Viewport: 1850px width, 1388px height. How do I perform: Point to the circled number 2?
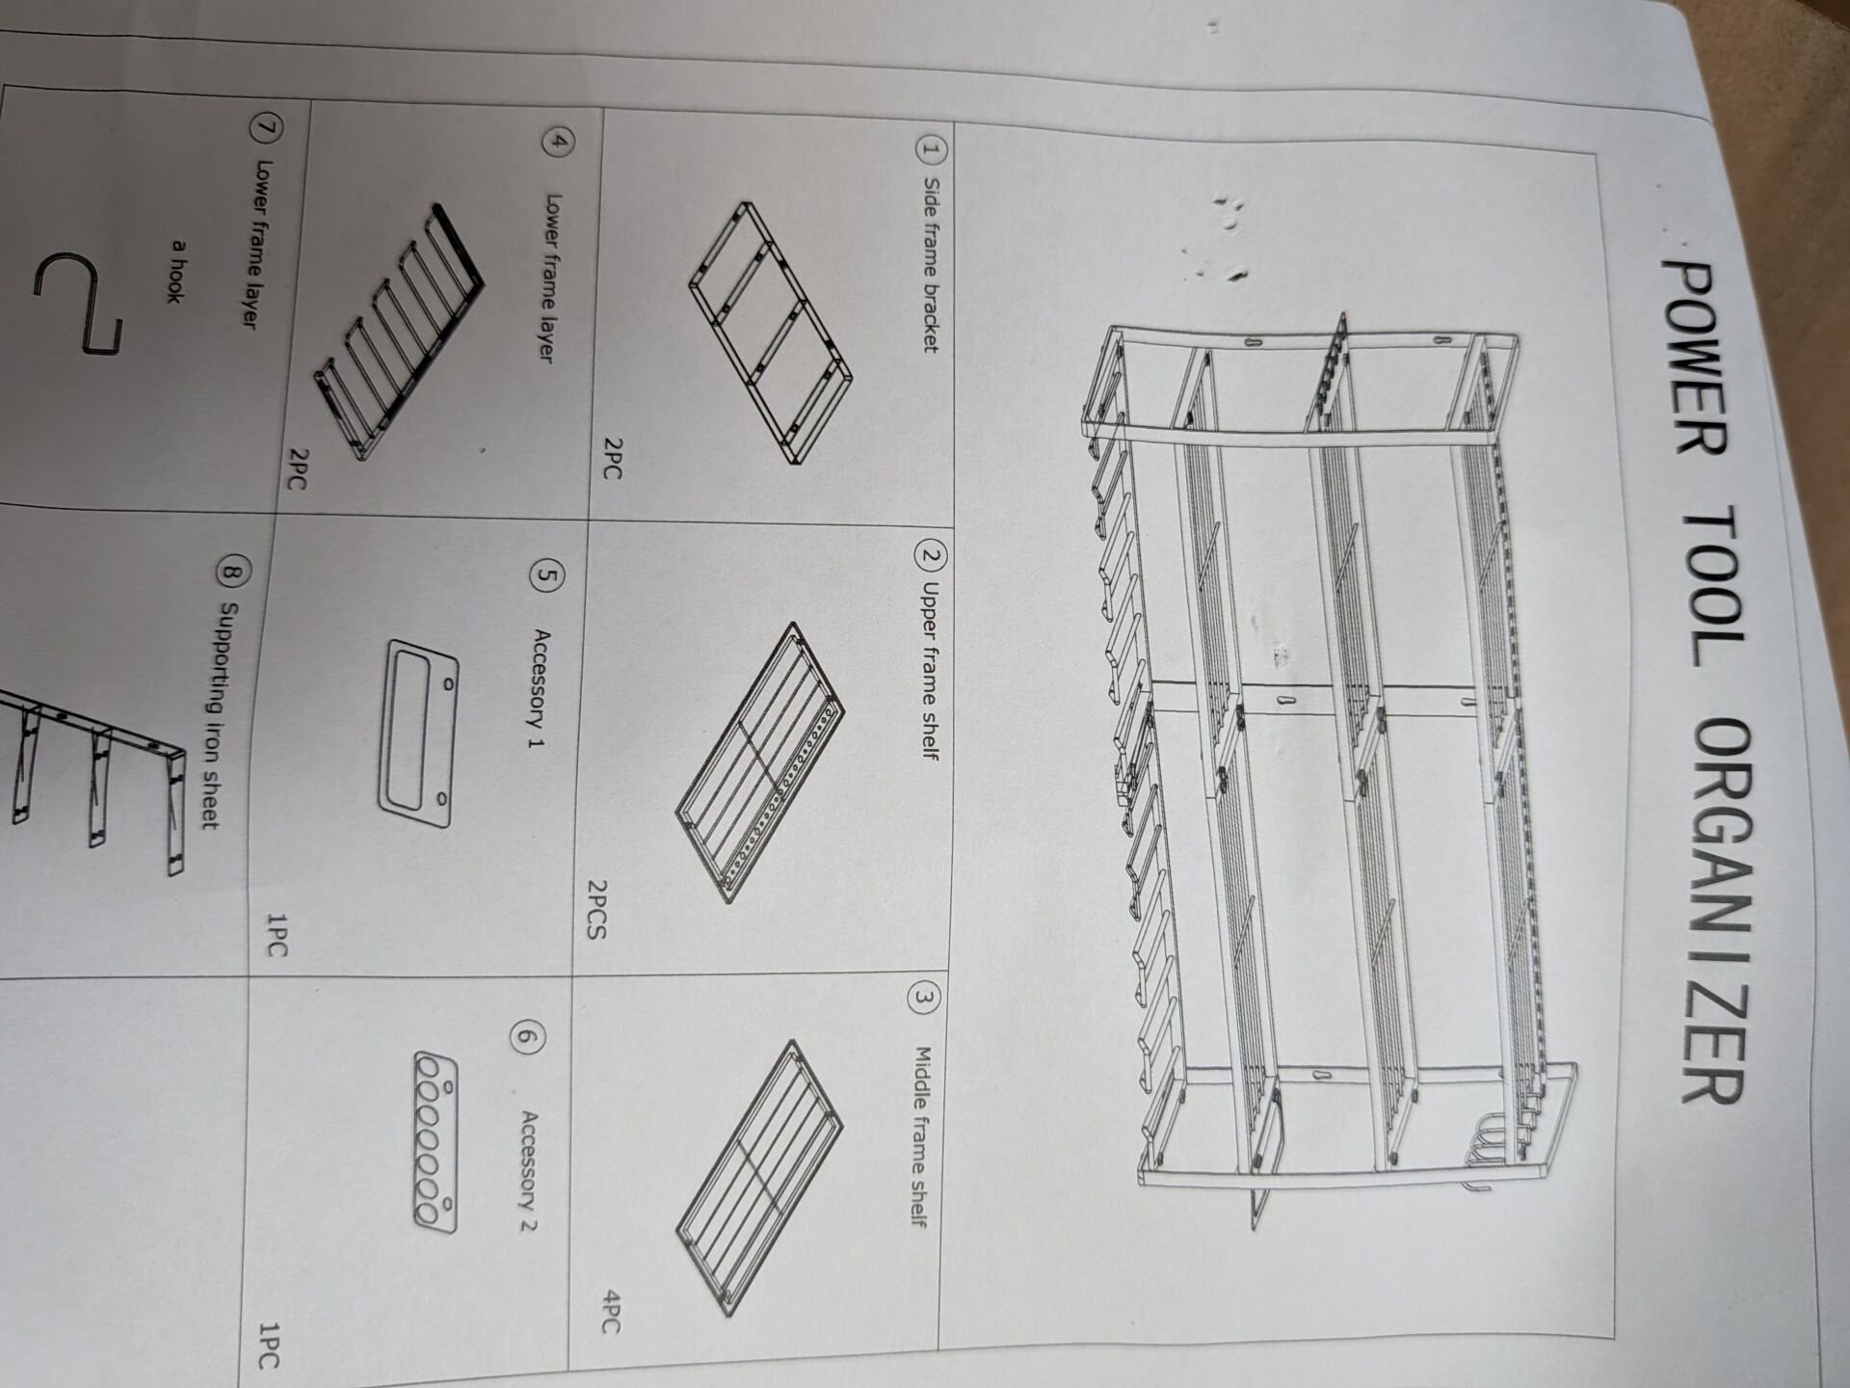point(932,556)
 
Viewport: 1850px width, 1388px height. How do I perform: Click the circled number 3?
point(921,999)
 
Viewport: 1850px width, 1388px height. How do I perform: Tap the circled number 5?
point(547,577)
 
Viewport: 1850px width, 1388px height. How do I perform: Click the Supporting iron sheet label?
point(211,715)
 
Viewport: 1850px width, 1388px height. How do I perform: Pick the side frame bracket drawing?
point(771,333)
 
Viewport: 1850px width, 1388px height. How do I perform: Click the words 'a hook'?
point(175,272)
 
